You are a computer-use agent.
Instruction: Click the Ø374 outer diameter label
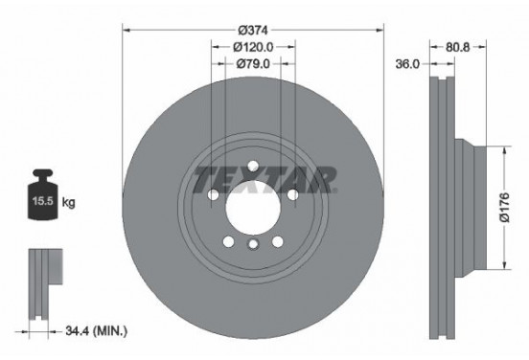pos(252,29)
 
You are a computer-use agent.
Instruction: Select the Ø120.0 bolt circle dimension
pos(252,47)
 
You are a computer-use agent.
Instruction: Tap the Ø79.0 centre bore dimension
pos(252,64)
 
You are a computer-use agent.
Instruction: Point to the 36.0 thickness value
pos(409,64)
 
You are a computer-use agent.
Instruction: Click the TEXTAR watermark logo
pos(265,178)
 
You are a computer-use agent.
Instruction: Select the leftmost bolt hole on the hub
pos(214,194)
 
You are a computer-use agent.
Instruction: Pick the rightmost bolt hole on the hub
pos(291,194)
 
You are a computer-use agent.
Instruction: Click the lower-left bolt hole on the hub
pos(228,239)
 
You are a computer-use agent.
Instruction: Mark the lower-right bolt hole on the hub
pos(276,239)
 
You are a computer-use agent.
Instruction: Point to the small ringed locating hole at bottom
pos(252,245)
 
